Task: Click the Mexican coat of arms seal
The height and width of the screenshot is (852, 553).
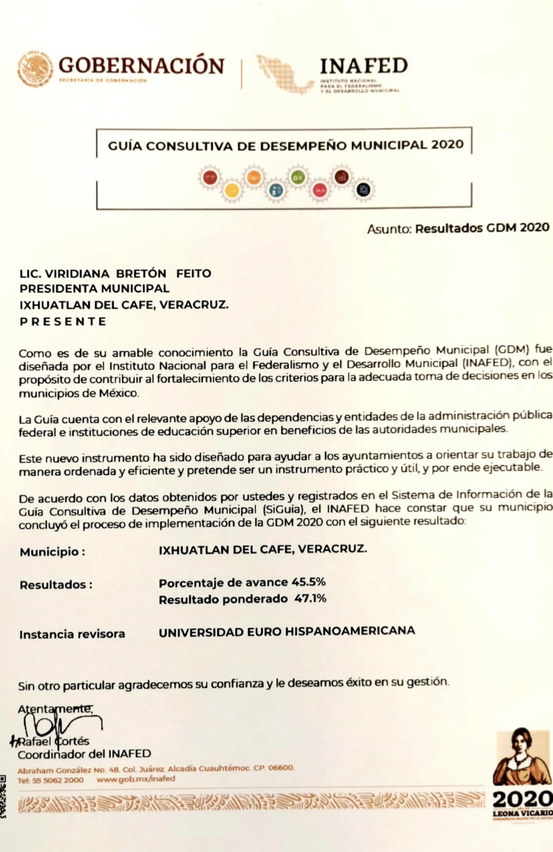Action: coord(35,69)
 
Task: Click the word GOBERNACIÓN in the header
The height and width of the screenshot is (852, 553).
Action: coord(141,66)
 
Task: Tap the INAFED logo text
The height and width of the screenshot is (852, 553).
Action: coord(363,66)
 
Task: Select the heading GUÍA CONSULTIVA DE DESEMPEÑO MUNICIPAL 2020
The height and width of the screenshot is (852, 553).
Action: coord(285,145)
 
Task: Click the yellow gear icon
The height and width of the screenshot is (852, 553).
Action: coord(232,191)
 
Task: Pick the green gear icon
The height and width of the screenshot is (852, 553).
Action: coord(298,177)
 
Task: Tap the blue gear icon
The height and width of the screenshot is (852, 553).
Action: coord(276,191)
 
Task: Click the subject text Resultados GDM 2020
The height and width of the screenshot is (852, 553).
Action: coord(482,228)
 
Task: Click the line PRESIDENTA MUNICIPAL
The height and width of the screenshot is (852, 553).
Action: coord(94,288)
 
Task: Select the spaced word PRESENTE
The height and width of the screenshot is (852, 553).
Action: coord(63,321)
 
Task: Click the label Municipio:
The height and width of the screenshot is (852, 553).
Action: coord(52,552)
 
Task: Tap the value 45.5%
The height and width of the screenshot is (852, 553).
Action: coord(309,582)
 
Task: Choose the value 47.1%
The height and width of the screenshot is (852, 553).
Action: coord(310,598)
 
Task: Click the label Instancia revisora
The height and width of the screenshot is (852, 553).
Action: coord(72,634)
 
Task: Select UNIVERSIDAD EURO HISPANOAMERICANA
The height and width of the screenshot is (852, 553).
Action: coord(287,631)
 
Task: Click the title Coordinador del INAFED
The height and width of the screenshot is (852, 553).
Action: coord(84,754)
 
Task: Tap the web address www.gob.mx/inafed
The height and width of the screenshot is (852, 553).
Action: coord(136,779)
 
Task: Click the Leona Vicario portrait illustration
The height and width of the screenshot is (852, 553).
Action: coord(521,758)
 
